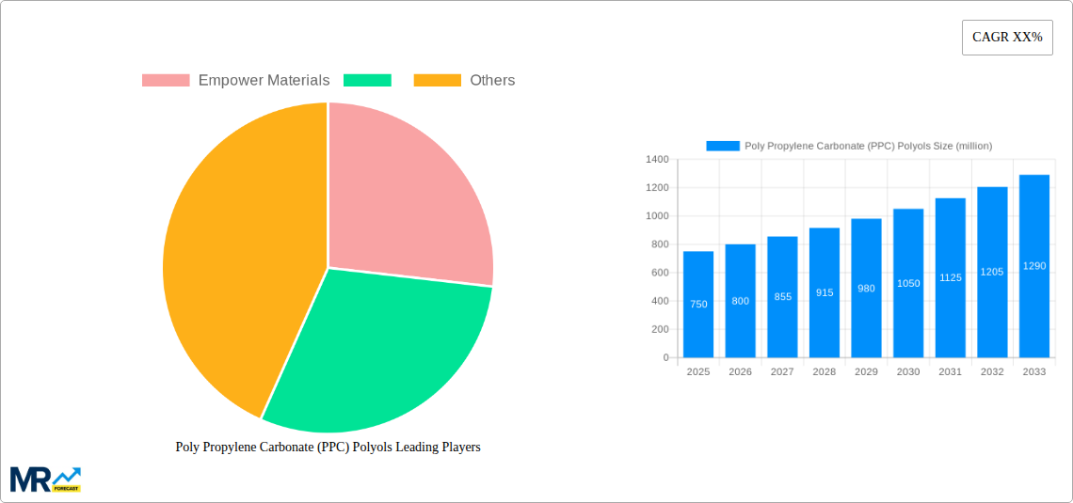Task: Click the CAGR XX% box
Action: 1006,38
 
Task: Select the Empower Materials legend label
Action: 264,81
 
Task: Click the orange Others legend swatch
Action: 438,81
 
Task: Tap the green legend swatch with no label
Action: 367,81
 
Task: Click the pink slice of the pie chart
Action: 405,197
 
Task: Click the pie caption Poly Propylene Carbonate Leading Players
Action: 328,447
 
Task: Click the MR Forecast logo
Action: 45,479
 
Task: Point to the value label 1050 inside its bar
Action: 908,283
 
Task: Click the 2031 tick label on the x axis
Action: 950,372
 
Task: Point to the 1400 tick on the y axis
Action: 657,160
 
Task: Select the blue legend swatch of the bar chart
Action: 723,146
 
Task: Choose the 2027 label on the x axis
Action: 782,372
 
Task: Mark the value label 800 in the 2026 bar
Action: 740,301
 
